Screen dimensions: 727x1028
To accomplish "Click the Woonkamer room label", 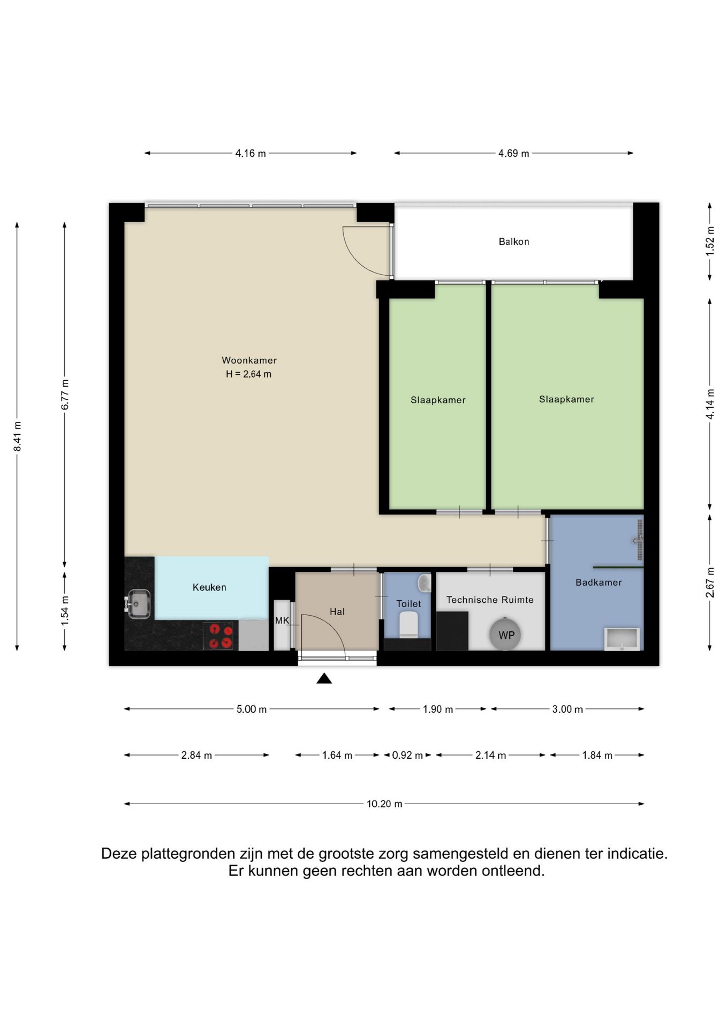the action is click(249, 360).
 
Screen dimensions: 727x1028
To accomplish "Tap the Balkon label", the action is click(514, 241).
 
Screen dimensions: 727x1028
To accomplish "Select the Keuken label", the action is click(209, 587).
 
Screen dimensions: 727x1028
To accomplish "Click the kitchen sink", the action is click(138, 604).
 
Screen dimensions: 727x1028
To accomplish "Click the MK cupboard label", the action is click(282, 621).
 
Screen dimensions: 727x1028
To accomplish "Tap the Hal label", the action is click(337, 611).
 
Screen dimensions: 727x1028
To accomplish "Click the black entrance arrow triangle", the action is click(324, 678).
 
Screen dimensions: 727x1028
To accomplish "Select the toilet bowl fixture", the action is click(408, 625).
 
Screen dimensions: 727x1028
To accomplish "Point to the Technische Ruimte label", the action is click(490, 600).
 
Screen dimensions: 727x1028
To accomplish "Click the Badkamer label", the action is click(599, 582).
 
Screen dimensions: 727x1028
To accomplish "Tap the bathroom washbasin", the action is click(622, 639).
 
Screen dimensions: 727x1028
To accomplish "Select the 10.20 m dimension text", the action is click(384, 804).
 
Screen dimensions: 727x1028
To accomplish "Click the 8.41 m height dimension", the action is click(17, 436).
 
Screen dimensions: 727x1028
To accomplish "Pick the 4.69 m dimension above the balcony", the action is click(514, 154).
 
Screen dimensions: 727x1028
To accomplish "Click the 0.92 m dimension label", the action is click(408, 755).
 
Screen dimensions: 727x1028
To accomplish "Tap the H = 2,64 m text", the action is click(248, 374).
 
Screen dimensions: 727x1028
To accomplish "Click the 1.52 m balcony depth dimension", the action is click(710, 241).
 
